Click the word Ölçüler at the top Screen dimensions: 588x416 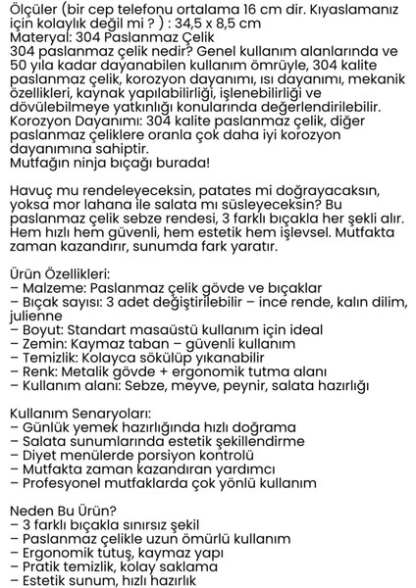tap(31, 9)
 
